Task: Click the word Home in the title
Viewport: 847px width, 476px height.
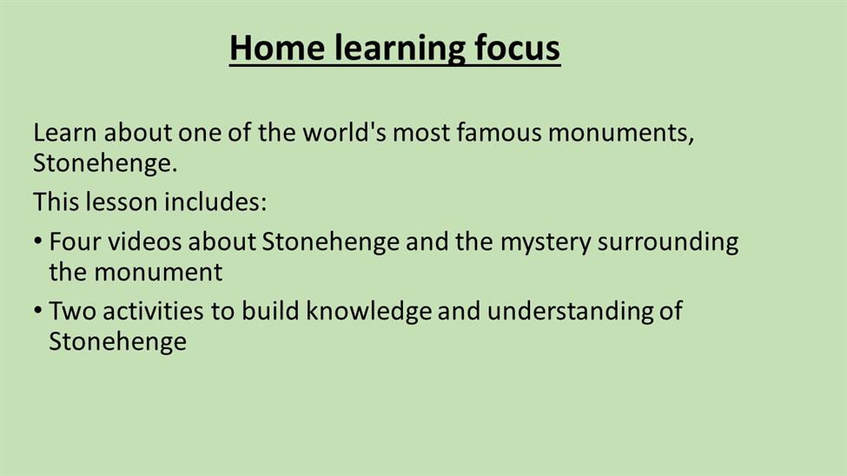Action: coord(277,48)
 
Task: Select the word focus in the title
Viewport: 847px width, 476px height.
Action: coord(518,48)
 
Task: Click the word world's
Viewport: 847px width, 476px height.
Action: coord(344,132)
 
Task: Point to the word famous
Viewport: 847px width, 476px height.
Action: coord(499,132)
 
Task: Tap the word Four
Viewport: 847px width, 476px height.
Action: coord(75,242)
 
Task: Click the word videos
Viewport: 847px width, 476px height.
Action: coord(144,242)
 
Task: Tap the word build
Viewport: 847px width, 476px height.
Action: coord(270,311)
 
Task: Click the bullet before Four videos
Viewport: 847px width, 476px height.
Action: coord(37,241)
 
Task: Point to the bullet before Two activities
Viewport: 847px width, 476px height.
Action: coord(37,310)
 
